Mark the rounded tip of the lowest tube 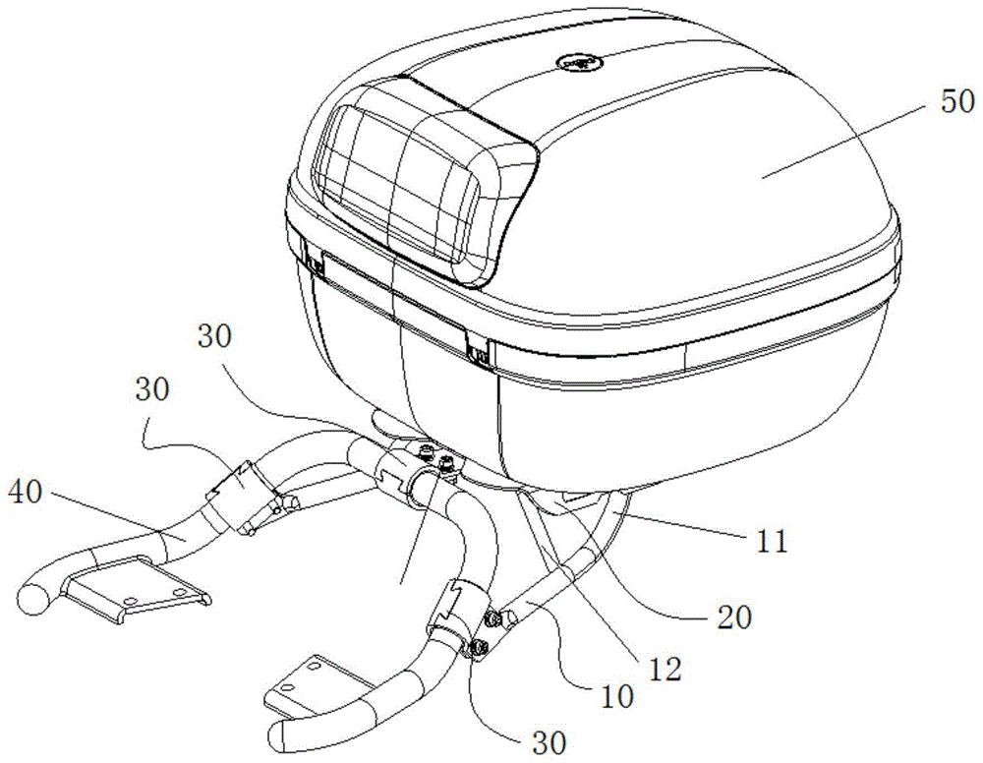pyautogui.click(x=281, y=734)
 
